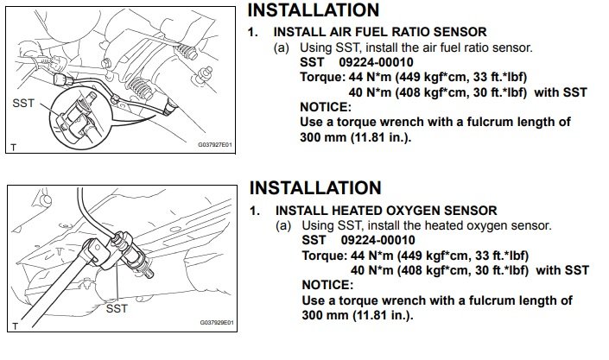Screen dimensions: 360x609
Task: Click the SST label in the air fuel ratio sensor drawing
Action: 24,101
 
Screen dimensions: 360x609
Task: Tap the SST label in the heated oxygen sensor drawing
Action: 116,306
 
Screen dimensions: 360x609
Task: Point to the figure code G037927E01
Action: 213,148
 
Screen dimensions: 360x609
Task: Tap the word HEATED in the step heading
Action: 359,210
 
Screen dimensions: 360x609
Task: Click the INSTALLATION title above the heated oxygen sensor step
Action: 315,187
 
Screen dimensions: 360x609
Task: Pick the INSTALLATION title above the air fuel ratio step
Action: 314,10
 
